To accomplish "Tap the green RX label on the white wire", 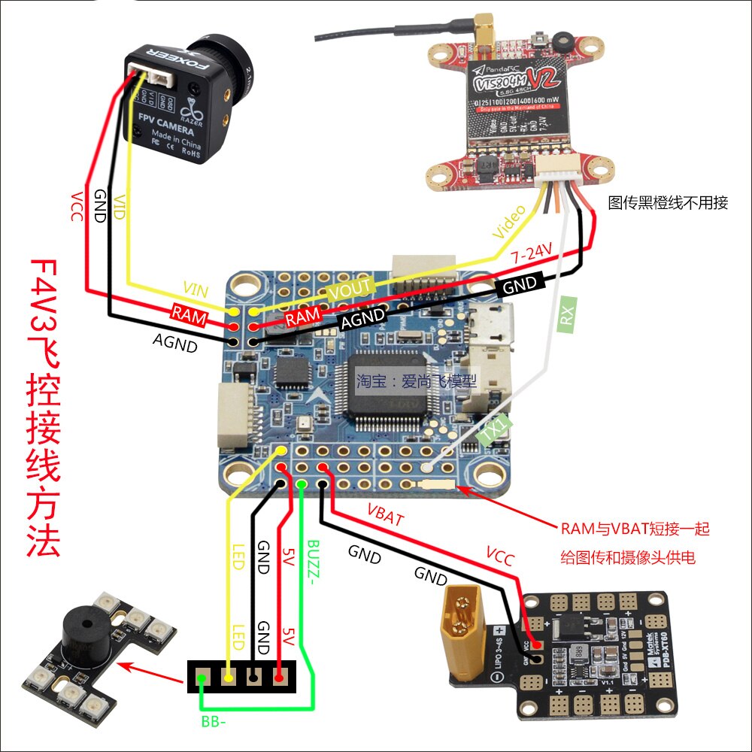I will click(x=566, y=316).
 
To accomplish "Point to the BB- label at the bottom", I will click(x=212, y=723).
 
